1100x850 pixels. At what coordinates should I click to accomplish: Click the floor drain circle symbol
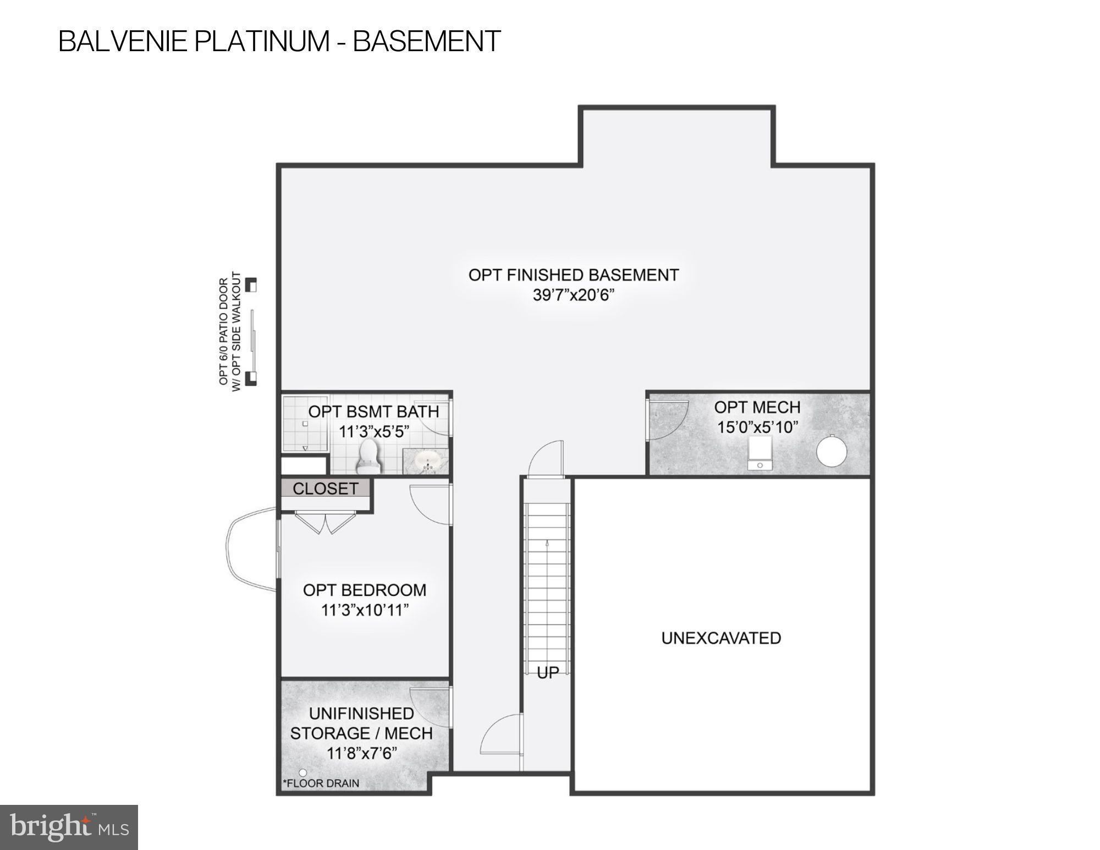click(x=302, y=773)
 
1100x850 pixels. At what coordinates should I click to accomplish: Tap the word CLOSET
click(x=325, y=489)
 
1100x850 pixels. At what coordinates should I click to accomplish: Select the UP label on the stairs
click(x=548, y=672)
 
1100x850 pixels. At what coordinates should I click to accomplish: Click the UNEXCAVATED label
click(x=721, y=638)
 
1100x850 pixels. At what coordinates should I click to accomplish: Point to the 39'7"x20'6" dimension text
click(x=573, y=295)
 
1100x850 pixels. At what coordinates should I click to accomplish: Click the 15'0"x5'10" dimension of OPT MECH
click(x=757, y=427)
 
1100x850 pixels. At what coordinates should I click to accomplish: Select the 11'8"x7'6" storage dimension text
click(x=362, y=753)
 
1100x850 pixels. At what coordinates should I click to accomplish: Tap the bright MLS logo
click(x=69, y=827)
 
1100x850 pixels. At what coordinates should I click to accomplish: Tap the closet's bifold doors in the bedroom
click(x=324, y=523)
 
